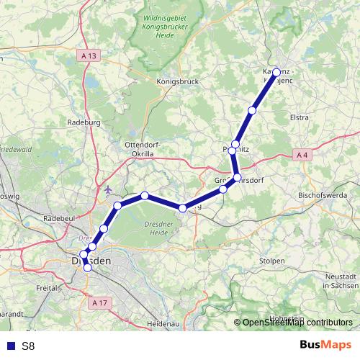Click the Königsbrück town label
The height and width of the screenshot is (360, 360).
(177, 82)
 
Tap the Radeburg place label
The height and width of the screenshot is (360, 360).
(81, 122)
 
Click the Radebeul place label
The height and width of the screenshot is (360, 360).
(60, 217)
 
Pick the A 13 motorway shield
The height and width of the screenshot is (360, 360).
(89, 55)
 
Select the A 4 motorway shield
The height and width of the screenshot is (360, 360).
(302, 154)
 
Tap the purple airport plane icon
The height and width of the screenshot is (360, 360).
(109, 190)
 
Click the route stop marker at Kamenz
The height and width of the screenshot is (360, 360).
(276, 73)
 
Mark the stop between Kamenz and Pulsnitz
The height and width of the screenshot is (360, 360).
(252, 110)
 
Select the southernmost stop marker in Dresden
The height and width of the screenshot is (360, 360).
(88, 268)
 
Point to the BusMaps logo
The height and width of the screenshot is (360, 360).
(325, 346)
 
